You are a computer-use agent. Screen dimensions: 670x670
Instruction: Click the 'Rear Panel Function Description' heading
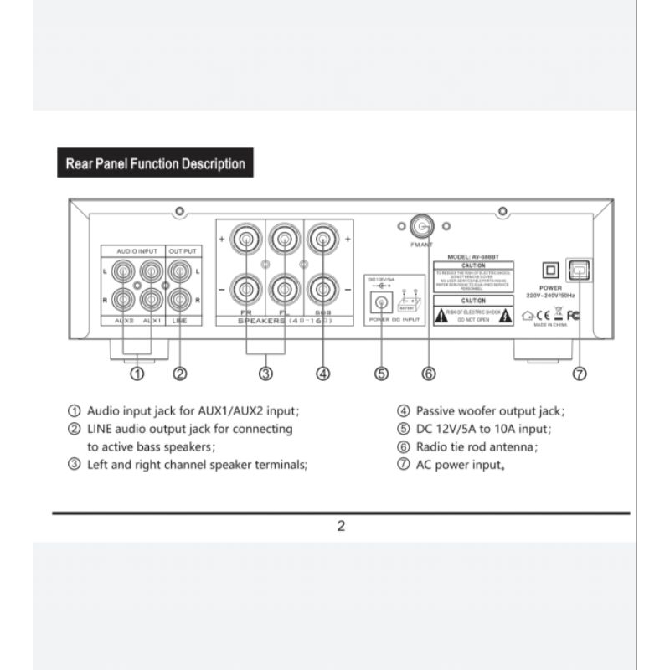[x=155, y=164]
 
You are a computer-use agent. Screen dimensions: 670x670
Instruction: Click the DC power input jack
[x=382, y=304]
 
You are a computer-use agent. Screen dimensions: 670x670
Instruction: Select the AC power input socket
[x=579, y=270]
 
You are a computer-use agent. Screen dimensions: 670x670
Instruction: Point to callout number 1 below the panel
[x=137, y=374]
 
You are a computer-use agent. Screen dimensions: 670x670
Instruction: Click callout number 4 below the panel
[x=322, y=374]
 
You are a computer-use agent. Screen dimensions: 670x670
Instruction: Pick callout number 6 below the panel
[x=429, y=374]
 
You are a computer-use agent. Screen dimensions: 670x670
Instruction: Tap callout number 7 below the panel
[x=580, y=374]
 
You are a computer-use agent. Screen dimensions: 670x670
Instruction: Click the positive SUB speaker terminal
[x=322, y=240]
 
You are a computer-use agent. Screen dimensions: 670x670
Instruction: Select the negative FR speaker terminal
[x=246, y=290]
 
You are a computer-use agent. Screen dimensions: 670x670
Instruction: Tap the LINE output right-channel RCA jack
[x=178, y=297]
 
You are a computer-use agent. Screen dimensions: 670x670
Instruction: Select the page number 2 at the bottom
[x=341, y=527]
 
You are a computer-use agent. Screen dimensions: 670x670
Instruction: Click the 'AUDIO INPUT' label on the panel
[x=137, y=250]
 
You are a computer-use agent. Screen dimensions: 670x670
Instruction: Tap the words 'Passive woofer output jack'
[x=489, y=411]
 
